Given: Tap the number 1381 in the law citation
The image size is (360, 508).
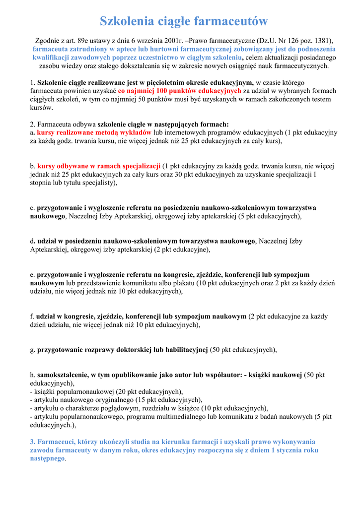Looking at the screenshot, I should (x=320, y=40).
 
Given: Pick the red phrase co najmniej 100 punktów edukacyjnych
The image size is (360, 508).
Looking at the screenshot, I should (x=180, y=91).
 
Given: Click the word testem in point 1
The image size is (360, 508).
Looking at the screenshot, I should (x=319, y=99).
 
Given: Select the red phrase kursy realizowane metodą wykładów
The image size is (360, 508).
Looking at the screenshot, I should (x=94, y=132).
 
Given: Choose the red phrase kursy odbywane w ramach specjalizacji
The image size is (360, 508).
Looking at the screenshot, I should (x=99, y=166).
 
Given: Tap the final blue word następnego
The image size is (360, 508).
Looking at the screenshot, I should (x=47, y=458).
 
